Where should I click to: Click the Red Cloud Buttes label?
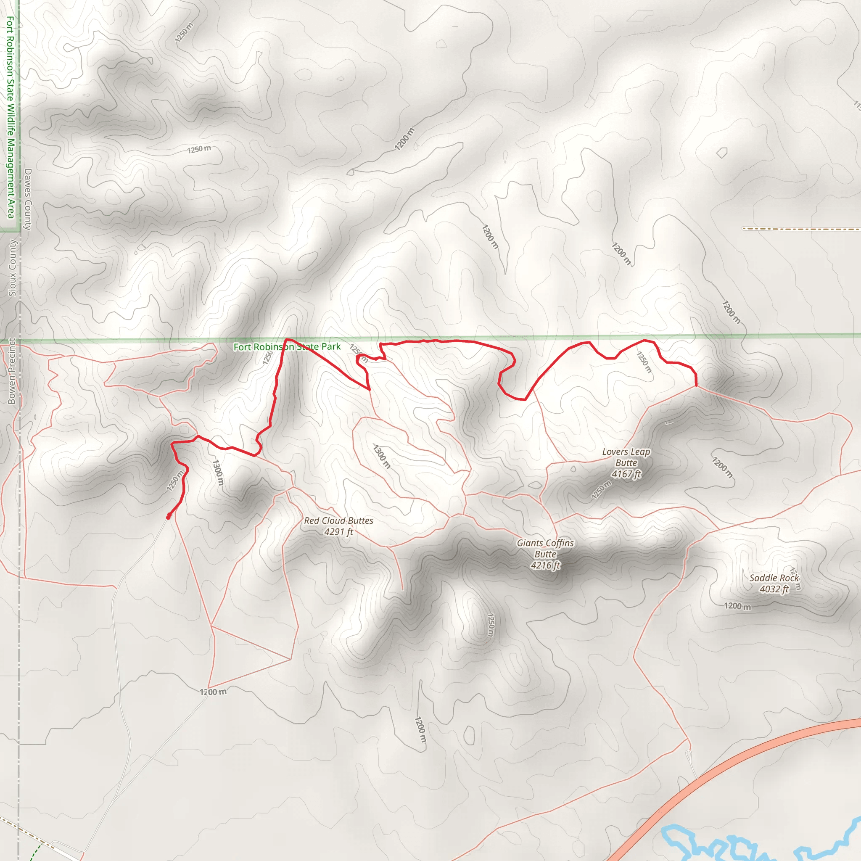(x=338, y=520)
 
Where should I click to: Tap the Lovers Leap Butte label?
(x=626, y=457)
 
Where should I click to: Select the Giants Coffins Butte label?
(x=545, y=549)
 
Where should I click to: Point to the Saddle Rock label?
(x=774, y=578)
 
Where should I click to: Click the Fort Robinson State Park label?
(x=287, y=347)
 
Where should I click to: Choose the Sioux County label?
(x=13, y=268)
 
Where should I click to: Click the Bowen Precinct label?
(x=12, y=371)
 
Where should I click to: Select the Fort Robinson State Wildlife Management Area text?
(x=10, y=117)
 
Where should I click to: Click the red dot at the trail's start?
(x=169, y=517)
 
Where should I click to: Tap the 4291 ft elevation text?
(x=338, y=532)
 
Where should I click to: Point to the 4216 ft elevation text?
(x=545, y=565)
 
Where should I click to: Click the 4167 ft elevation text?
(x=626, y=474)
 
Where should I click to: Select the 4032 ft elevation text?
(x=774, y=589)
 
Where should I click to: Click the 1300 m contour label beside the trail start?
(x=217, y=473)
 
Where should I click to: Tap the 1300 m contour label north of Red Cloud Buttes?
(x=381, y=456)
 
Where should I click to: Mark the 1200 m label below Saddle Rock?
(x=737, y=606)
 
